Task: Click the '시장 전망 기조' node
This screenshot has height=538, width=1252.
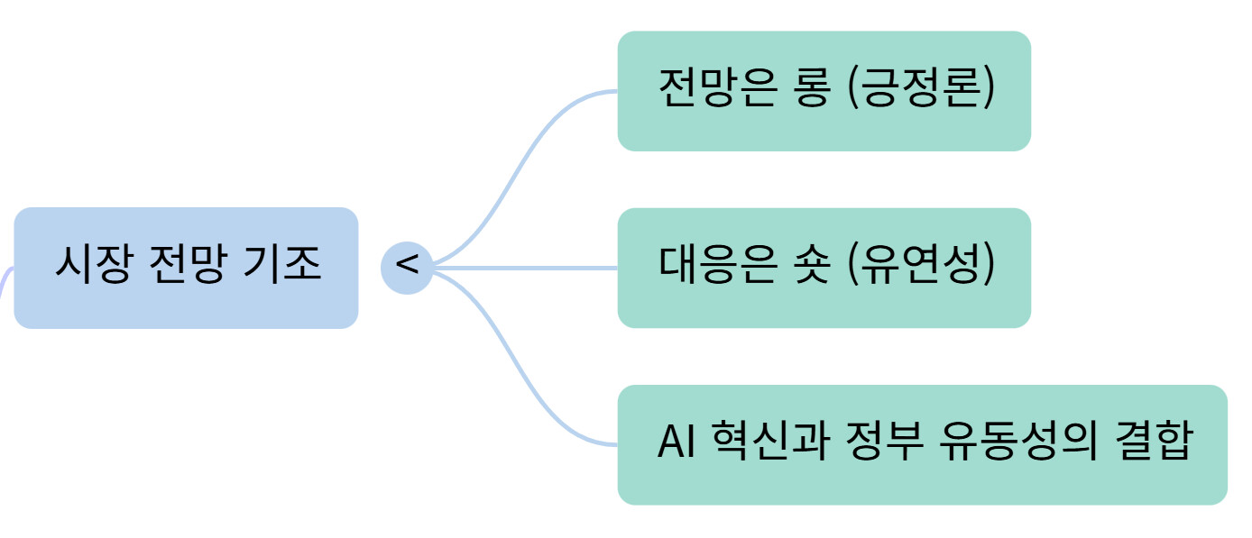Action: [x=186, y=268]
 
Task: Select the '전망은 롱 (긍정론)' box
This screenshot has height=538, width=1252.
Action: [x=824, y=91]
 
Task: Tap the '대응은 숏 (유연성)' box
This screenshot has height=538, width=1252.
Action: [x=824, y=268]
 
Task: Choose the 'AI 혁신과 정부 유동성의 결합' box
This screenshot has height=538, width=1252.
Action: [x=922, y=444]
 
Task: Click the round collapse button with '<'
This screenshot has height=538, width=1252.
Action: [x=407, y=268]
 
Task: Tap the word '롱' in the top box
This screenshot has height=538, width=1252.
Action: [x=812, y=90]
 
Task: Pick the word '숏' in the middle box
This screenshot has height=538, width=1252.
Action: [x=812, y=267]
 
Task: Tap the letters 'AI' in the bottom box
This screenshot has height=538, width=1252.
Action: [x=674, y=443]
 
